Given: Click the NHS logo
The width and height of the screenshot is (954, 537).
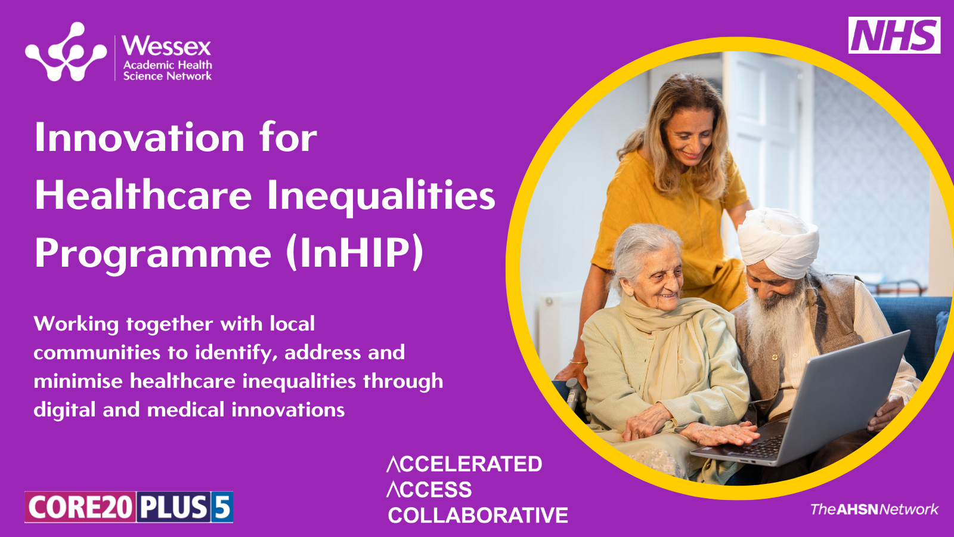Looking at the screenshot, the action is [x=894, y=35].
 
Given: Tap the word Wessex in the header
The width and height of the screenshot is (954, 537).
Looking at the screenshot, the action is [x=166, y=46].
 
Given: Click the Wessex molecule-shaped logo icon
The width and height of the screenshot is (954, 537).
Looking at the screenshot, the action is [x=66, y=51].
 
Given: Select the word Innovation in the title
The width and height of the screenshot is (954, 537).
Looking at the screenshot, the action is [x=140, y=137].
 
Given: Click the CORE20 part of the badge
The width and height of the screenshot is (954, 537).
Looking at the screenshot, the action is [x=80, y=507].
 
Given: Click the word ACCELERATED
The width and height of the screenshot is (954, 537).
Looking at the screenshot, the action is [x=464, y=464].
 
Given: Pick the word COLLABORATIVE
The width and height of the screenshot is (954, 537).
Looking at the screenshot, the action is [x=478, y=516].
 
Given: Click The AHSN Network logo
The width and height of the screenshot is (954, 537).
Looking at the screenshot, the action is [x=874, y=510].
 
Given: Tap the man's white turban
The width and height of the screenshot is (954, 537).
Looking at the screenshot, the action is [x=778, y=242].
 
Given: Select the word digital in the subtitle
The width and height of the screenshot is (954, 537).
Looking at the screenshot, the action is [x=65, y=410].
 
